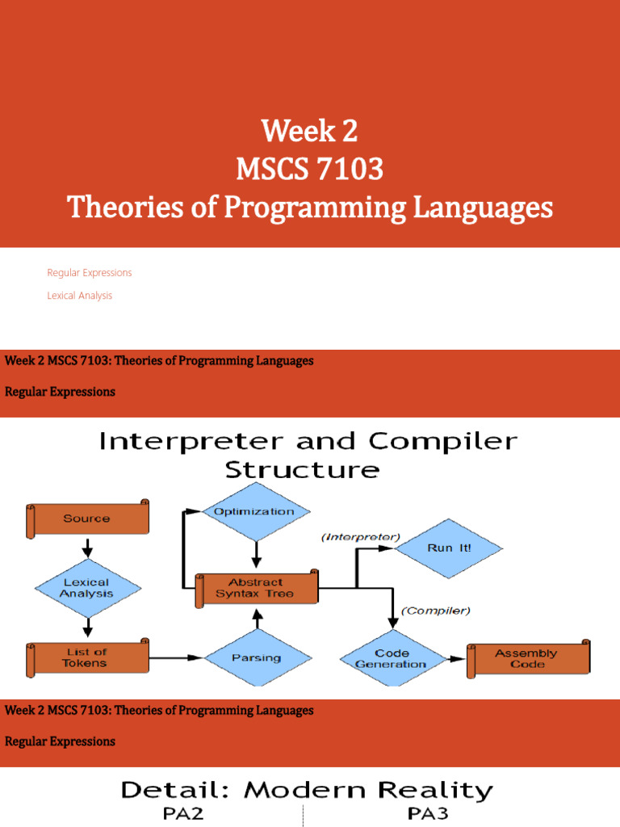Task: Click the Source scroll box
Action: tap(88, 518)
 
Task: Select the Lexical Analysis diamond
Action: tap(87, 587)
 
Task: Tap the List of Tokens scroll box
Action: tap(87, 657)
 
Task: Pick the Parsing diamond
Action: tap(256, 657)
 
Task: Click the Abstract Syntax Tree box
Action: tap(256, 588)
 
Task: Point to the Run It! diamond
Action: tap(448, 548)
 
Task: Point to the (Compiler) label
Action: tap(437, 611)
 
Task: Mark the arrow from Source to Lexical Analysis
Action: tap(87, 547)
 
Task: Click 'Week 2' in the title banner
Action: tap(309, 131)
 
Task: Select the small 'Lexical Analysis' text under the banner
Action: tap(79, 296)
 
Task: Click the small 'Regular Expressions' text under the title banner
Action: tap(89, 273)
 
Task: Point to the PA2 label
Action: tap(183, 813)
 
